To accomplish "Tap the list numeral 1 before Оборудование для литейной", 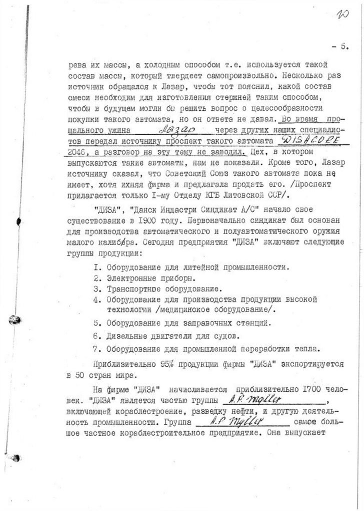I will click(97, 267).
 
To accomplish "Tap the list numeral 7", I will click(97, 347).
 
